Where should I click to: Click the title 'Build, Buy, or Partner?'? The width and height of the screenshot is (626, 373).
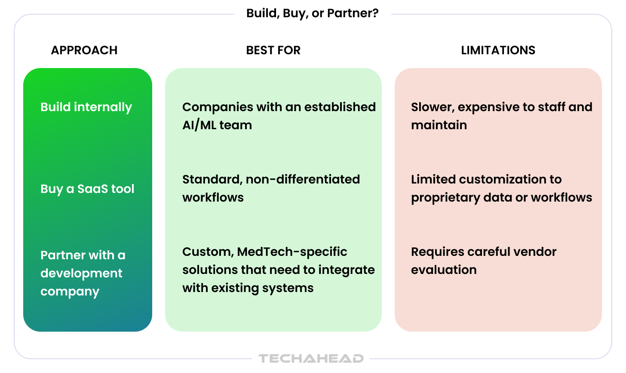tap(312, 13)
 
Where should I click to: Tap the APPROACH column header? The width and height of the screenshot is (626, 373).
tap(84, 50)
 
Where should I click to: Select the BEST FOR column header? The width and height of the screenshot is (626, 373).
tap(273, 50)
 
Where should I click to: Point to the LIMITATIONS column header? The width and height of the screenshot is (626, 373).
tap(498, 50)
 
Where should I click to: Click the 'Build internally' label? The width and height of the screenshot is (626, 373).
tap(86, 107)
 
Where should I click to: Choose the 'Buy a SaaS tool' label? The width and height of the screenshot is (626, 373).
tap(87, 189)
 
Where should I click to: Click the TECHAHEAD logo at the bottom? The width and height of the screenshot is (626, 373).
tap(311, 358)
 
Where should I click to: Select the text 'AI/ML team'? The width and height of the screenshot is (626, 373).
tap(217, 125)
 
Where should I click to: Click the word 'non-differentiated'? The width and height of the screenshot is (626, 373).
tap(303, 180)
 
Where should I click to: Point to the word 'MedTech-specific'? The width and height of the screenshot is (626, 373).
tap(292, 252)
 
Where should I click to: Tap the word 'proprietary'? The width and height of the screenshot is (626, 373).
tap(445, 198)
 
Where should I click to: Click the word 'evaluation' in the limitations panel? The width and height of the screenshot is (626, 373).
tap(444, 270)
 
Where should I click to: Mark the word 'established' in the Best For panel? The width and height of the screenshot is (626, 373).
tap(340, 107)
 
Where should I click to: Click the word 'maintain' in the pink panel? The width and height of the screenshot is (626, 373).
tap(439, 125)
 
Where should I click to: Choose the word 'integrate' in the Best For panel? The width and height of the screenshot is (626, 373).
tap(347, 270)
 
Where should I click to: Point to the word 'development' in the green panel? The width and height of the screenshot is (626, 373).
tap(81, 274)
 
